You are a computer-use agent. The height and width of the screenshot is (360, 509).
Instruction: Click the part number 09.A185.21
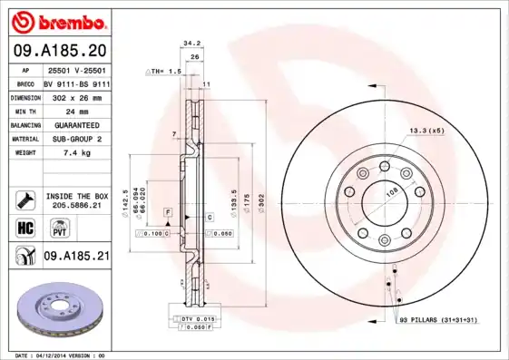[x=75, y=258]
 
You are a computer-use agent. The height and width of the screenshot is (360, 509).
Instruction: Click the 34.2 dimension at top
[x=191, y=42]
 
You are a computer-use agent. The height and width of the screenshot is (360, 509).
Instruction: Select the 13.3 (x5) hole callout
[x=426, y=131]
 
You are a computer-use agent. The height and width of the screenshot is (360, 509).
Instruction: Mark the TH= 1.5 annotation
[x=164, y=70]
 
